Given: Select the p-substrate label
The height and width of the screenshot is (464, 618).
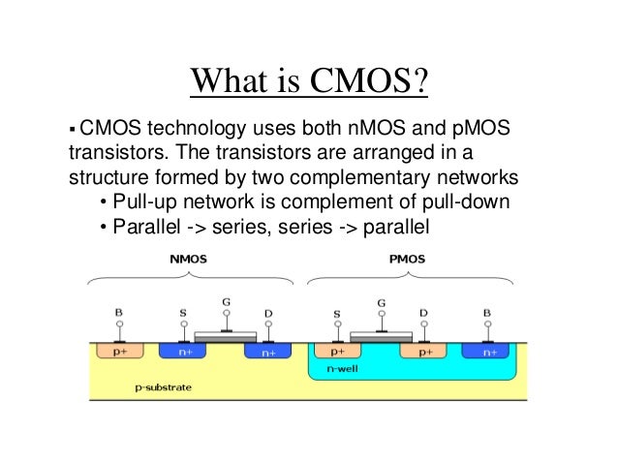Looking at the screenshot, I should [x=162, y=387].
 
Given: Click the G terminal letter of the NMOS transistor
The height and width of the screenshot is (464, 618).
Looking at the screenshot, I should [x=226, y=302].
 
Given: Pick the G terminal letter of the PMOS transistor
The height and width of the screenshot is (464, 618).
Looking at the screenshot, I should [x=382, y=302].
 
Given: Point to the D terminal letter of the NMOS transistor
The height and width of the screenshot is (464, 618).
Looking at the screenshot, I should [x=267, y=313].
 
